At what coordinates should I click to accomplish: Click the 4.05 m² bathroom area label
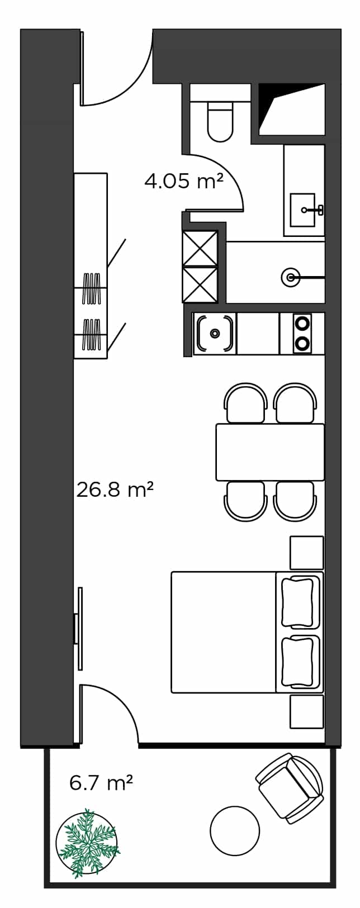(184, 181)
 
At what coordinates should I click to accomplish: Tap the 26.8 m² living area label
(115, 490)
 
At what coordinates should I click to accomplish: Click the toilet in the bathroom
(221, 120)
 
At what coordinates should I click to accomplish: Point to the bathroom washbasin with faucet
(304, 210)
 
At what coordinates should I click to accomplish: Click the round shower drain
(290, 277)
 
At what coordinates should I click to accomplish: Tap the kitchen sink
(215, 333)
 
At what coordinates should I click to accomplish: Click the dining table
(270, 452)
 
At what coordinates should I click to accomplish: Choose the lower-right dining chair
(295, 500)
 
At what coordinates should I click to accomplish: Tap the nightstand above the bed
(307, 553)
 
